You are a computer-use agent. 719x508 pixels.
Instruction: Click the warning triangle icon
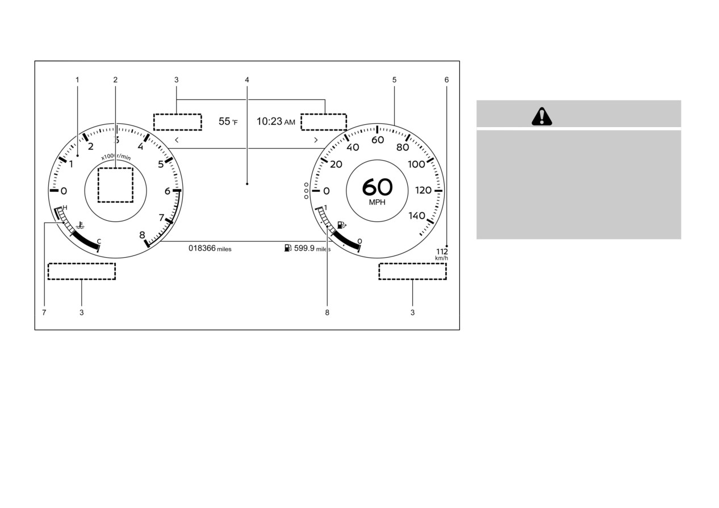pos(541,116)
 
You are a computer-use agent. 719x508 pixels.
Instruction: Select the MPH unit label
pos(377,203)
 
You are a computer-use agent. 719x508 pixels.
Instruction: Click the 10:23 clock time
pos(269,121)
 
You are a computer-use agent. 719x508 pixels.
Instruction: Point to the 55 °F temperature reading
pos(228,121)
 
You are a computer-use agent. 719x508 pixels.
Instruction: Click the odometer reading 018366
pos(202,248)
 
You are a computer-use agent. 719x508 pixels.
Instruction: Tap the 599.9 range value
pos(304,248)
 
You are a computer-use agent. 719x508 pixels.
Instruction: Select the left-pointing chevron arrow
pos(177,140)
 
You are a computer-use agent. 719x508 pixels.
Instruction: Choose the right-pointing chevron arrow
pos(316,140)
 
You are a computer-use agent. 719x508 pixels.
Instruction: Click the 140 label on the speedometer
pos(417,216)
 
